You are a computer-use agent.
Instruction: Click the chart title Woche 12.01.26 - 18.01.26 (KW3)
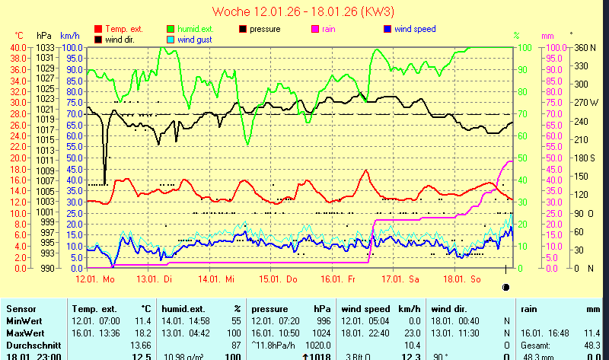pos(303,11)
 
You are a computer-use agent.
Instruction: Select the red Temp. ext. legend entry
pos(123,29)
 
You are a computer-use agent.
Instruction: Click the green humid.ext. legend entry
pos(190,29)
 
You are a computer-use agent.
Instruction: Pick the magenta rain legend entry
pos(328,29)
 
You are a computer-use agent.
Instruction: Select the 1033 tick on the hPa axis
pos(45,47)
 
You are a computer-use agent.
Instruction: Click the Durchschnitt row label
pos(30,346)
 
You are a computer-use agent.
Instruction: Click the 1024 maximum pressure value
pos(323,333)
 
